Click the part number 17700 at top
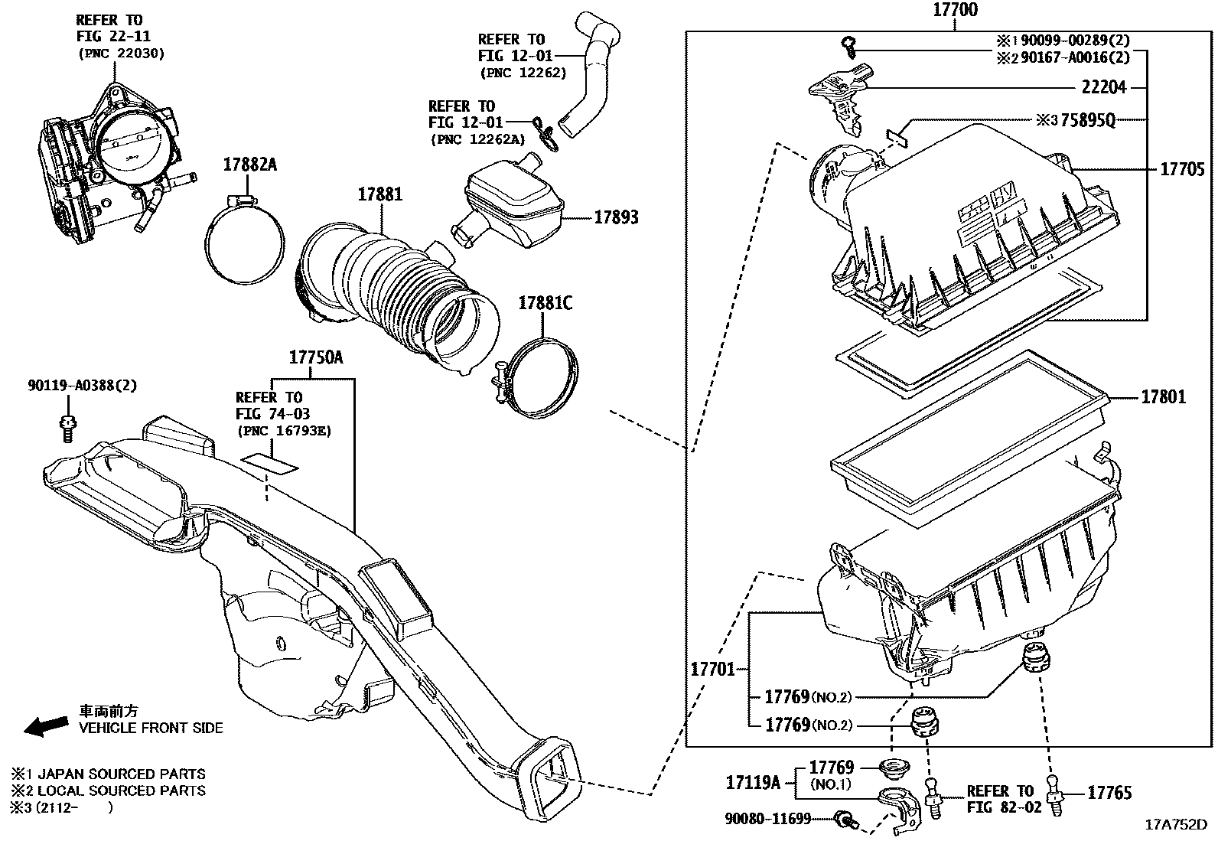pos(955,11)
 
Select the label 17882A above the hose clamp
pos(249,164)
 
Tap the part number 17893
pos(616,217)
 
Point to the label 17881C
pos(545,303)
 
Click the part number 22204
pos(1103,87)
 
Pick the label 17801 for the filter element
pos(1163,396)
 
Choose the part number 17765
pos(1109,793)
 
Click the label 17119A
pos(753,782)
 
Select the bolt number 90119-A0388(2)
pos(82,386)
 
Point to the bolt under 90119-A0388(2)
pos(66,426)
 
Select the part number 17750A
pos(316,357)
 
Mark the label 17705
pos(1182,169)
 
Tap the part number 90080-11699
pos(767,819)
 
